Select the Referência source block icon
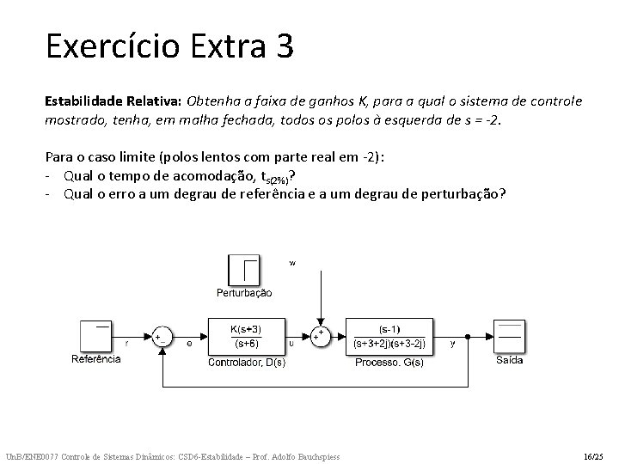(96, 336)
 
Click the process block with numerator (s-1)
(389, 336)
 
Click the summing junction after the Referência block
(161, 336)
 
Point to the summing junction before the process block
(320, 336)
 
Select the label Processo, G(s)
(389, 362)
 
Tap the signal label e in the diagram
(190, 344)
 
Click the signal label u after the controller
(291, 344)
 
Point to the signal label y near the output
(452, 344)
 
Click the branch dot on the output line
(467, 336)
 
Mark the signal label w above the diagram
(292, 264)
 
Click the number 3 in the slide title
(285, 46)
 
